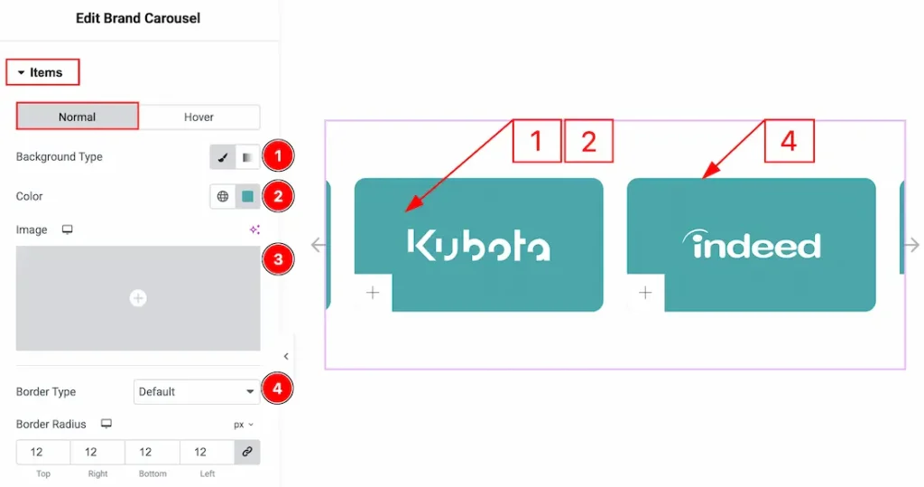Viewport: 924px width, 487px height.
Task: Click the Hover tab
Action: (199, 117)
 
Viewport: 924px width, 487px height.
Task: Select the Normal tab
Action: (78, 117)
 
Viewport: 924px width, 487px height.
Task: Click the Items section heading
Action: (43, 72)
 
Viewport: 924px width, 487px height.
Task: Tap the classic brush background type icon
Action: (223, 157)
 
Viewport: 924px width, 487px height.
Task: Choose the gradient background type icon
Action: (247, 157)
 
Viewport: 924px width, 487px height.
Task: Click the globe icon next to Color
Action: (223, 196)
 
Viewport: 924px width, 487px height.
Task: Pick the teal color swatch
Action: (247, 196)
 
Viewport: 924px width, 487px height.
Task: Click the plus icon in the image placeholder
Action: (138, 298)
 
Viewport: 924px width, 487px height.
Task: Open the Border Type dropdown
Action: (197, 392)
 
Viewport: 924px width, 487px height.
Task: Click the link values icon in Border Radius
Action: (247, 452)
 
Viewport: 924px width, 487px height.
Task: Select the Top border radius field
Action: (37, 452)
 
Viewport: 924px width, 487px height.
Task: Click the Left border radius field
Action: (200, 452)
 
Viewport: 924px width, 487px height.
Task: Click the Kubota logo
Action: (478, 245)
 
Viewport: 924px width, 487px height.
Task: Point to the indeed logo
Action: (751, 244)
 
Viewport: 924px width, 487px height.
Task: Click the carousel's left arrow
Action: (318, 245)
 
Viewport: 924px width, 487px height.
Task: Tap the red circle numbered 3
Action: (278, 259)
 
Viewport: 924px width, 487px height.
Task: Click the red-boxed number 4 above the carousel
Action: (789, 141)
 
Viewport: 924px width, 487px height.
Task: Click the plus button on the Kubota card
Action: (373, 293)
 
